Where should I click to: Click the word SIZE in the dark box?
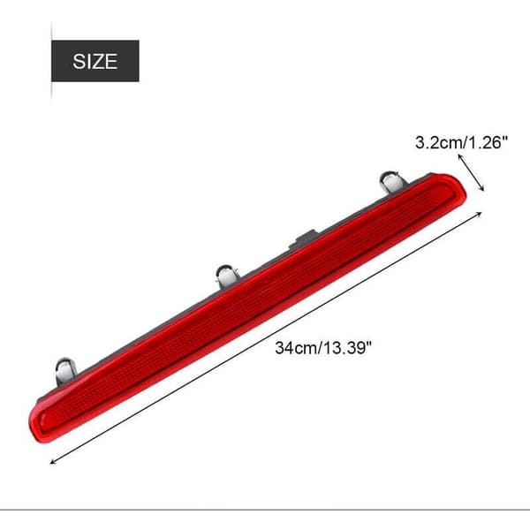coord(95,61)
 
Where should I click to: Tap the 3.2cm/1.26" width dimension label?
coord(461,142)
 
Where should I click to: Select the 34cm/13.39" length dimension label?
coord(323,347)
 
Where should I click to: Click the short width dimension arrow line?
coord(471,172)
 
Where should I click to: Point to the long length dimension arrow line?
coord(266,337)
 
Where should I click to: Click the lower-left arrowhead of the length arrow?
coord(51,463)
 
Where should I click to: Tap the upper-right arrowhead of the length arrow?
coord(480,213)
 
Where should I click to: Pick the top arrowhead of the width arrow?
coord(459,155)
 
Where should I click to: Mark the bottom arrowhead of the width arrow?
coord(482,190)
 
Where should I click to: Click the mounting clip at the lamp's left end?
coord(65,370)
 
